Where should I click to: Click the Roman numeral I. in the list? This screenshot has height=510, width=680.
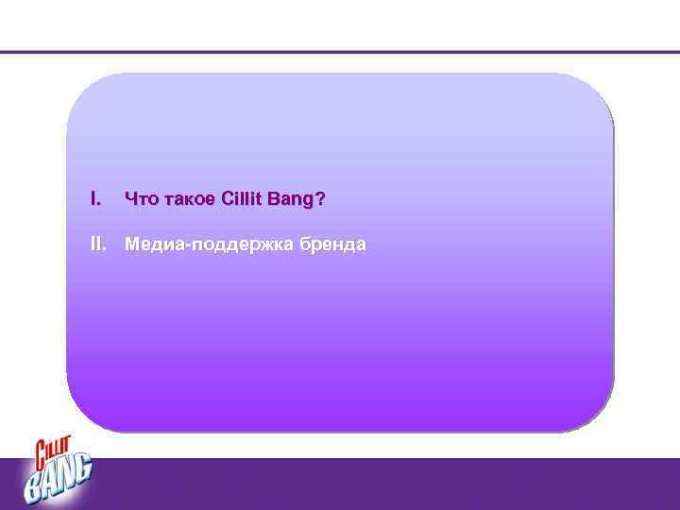tap(94, 199)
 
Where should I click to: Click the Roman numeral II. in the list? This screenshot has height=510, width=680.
tap(97, 245)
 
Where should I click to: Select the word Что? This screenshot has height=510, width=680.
tap(140, 199)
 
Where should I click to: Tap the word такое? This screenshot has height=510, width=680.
tap(187, 199)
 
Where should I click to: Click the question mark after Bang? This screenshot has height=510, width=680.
tap(321, 199)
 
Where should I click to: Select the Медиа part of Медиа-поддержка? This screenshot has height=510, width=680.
tap(154, 246)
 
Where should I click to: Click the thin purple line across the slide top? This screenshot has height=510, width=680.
tap(340, 52)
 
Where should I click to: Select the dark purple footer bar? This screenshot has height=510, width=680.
tap(378, 484)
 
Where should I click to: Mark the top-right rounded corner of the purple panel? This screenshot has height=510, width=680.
tap(598, 90)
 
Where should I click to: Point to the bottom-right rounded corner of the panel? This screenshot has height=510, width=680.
tap(598, 416)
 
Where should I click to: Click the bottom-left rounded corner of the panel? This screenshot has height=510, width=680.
tap(82, 416)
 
